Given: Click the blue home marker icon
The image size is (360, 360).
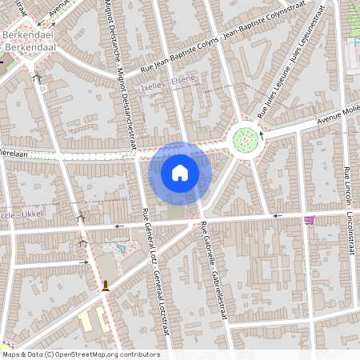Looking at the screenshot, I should click(x=180, y=173).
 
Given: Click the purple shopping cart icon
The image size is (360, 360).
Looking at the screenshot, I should click(x=309, y=220).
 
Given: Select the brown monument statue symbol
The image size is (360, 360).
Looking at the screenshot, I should click(x=105, y=285).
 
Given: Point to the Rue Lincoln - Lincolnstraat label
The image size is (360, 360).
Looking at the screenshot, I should click(x=348, y=212).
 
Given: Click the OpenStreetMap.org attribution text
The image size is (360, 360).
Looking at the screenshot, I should click(x=80, y=354).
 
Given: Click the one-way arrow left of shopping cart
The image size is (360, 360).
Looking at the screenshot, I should click(x=277, y=216).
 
